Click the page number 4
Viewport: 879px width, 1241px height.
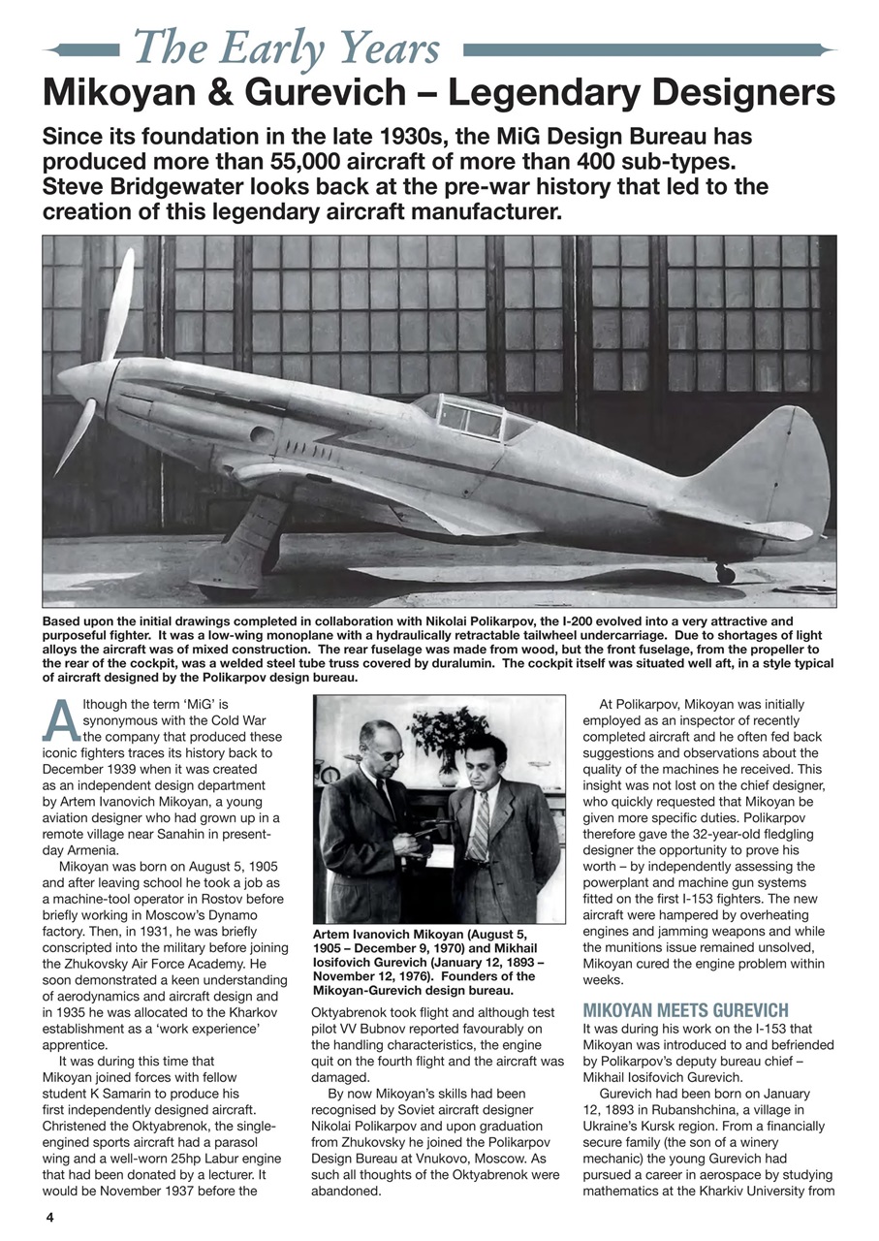(48, 1216)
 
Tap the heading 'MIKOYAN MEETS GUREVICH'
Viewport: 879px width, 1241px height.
(685, 1009)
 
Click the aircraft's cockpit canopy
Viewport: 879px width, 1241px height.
(471, 416)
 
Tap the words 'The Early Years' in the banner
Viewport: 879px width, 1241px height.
(287, 47)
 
